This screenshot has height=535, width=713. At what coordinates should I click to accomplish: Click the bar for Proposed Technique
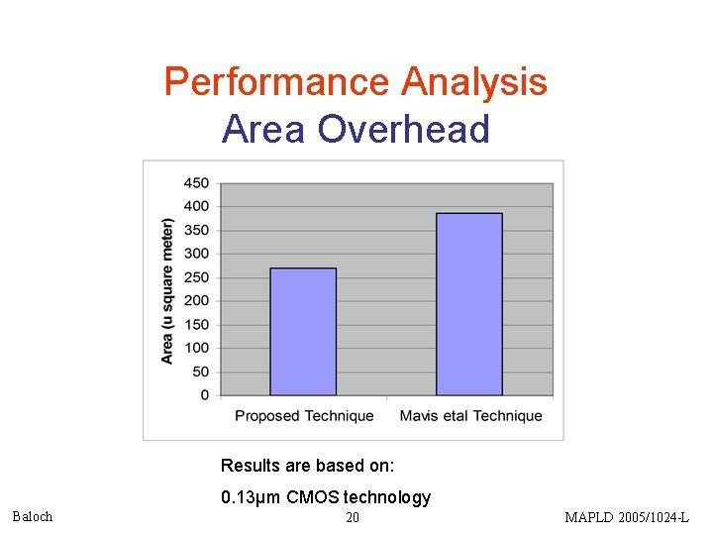pyautogui.click(x=303, y=332)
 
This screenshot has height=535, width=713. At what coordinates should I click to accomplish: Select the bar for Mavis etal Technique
pyautogui.click(x=468, y=304)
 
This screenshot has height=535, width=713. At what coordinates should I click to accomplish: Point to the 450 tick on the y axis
pyautogui.click(x=196, y=183)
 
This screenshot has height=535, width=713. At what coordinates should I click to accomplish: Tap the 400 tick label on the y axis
pyautogui.click(x=196, y=207)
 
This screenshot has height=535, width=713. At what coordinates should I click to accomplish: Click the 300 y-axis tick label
pyautogui.click(x=196, y=254)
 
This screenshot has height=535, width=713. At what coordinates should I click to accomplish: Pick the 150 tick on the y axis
pyautogui.click(x=196, y=325)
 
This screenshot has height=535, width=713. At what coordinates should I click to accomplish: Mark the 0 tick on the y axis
pyautogui.click(x=204, y=395)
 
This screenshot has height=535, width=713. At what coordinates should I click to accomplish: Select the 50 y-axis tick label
pyautogui.click(x=200, y=372)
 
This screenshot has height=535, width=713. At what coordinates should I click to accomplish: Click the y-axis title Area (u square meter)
pyautogui.click(x=167, y=289)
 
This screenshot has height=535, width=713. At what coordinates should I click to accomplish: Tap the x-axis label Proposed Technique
pyautogui.click(x=304, y=416)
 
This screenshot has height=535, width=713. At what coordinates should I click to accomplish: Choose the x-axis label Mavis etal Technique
pyautogui.click(x=470, y=416)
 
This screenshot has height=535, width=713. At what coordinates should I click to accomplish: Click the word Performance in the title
pyautogui.click(x=277, y=81)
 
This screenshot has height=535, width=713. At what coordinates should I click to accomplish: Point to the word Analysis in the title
pyautogui.click(x=473, y=81)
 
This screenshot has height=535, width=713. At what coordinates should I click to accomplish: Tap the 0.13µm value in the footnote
pyautogui.click(x=251, y=497)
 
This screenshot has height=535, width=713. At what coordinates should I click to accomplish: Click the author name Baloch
pyautogui.click(x=32, y=516)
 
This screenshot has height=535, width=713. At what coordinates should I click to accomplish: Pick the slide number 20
pyautogui.click(x=353, y=517)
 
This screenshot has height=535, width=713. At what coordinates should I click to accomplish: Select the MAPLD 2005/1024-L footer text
pyautogui.click(x=626, y=517)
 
